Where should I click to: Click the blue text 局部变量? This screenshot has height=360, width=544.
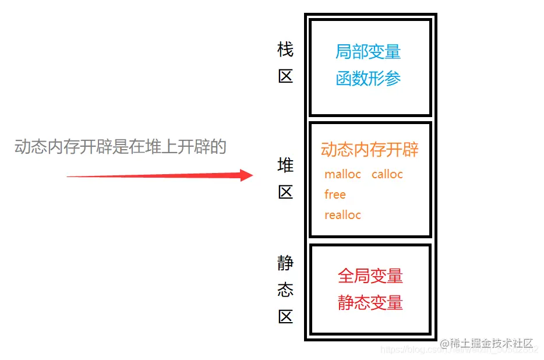(x=368, y=52)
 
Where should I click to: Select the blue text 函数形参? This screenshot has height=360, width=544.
(x=368, y=79)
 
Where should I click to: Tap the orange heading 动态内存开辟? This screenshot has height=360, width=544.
(x=370, y=150)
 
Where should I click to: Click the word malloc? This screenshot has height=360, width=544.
(x=342, y=174)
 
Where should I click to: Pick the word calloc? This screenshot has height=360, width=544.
(x=387, y=174)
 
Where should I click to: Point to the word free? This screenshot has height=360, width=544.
(x=335, y=195)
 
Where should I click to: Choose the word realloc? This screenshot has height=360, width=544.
(x=342, y=215)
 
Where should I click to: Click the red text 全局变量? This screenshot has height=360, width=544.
(x=370, y=276)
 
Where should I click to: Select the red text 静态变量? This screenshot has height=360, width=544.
(x=370, y=303)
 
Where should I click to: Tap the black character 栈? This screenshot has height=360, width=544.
(x=285, y=50)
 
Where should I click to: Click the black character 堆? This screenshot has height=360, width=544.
(x=285, y=166)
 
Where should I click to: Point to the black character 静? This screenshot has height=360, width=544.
(x=285, y=263)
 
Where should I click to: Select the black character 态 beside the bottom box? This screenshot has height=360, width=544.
(x=285, y=290)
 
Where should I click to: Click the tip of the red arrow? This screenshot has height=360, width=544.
(x=253, y=175)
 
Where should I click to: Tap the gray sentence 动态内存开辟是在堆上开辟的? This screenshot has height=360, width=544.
(x=120, y=147)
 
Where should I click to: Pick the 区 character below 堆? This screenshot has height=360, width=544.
(x=285, y=192)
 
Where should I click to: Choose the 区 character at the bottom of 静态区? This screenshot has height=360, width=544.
(x=285, y=317)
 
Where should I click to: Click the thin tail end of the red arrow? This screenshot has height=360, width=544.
(x=69, y=176)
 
